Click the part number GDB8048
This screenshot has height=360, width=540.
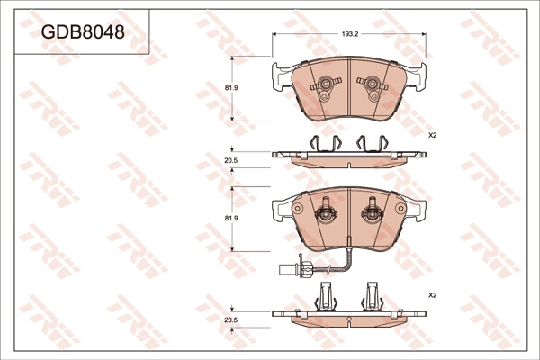tap(83, 32)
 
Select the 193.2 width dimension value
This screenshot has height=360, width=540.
tap(350, 34)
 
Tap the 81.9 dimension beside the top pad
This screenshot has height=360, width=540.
tap(231, 88)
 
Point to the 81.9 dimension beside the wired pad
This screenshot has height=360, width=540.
tap(231, 219)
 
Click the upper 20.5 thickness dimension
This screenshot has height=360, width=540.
tap(231, 160)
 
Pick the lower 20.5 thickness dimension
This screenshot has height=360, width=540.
tap(231, 320)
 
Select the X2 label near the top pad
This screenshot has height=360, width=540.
tap(432, 136)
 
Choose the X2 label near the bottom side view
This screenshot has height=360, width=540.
tap(432, 295)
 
